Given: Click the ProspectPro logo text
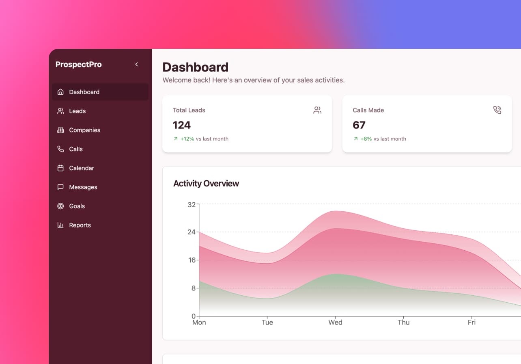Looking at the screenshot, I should pyautogui.click(x=78, y=64).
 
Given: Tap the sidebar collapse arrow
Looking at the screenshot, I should pyautogui.click(x=137, y=64).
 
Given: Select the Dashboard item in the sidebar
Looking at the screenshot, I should pyautogui.click(x=84, y=92).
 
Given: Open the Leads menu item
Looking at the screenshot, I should pyautogui.click(x=77, y=111).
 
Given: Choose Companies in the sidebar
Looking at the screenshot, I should pyautogui.click(x=84, y=130).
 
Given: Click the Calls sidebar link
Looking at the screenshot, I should pyautogui.click(x=75, y=149).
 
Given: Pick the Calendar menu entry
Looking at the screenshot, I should pyautogui.click(x=81, y=168).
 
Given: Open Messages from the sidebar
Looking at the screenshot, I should pyautogui.click(x=83, y=187).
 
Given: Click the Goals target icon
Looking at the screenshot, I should pyautogui.click(x=60, y=206).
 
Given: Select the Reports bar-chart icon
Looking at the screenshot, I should pyautogui.click(x=60, y=225).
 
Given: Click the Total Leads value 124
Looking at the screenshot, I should pyautogui.click(x=182, y=125).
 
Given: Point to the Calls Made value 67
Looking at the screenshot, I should pyautogui.click(x=359, y=125).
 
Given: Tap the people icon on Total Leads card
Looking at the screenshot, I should pyautogui.click(x=317, y=110).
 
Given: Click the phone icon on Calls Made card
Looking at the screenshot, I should pyautogui.click(x=497, y=110).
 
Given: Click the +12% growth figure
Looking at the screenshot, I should pyautogui.click(x=187, y=139).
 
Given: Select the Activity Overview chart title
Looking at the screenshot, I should pyautogui.click(x=206, y=184).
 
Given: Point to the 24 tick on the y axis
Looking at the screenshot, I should pyautogui.click(x=191, y=232).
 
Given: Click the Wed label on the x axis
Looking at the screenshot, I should pyautogui.click(x=335, y=323).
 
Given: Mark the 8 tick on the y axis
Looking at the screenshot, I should pyautogui.click(x=193, y=288).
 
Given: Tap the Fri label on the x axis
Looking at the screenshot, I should pyautogui.click(x=471, y=323).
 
